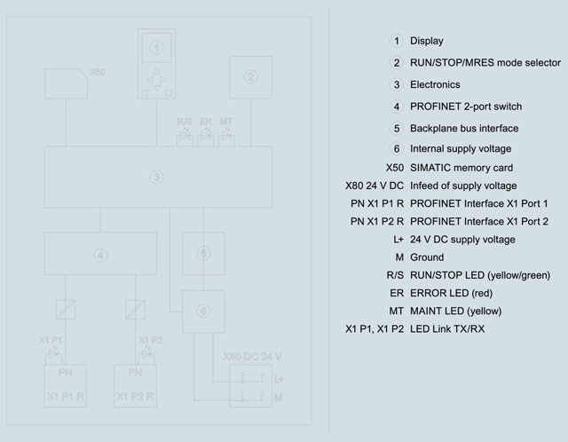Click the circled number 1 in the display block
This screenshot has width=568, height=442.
156,47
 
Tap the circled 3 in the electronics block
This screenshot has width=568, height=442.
156,178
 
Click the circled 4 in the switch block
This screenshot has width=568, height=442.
100,256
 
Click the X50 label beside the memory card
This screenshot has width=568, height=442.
97,72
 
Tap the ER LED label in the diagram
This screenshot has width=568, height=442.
205,122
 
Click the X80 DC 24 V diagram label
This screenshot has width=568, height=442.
252,357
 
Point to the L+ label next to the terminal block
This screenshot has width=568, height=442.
279,379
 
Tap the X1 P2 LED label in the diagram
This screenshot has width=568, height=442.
151,340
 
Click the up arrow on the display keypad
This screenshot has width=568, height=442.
156,71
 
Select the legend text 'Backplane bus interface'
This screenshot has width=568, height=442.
464,129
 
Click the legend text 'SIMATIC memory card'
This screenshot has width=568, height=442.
461,168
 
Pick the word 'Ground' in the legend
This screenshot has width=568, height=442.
427,257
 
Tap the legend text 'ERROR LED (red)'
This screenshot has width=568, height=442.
452,293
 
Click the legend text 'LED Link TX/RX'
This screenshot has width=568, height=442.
447,329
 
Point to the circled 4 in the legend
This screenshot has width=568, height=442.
397,107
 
